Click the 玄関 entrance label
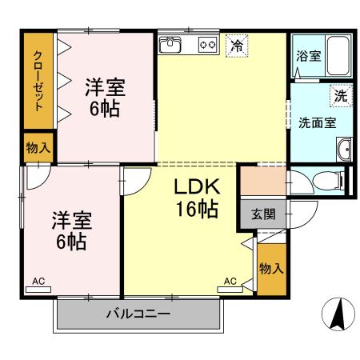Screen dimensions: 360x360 (262, 214)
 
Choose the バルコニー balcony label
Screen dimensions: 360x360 (138, 314)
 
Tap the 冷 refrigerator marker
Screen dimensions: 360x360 (237, 46)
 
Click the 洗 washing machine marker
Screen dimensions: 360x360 (341, 95)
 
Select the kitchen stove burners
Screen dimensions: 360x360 (208, 45)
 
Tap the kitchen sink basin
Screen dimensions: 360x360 (172, 46)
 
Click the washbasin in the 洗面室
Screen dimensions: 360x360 (345, 149)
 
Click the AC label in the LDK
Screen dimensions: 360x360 (230, 282)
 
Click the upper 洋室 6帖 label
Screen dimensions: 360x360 (105, 98)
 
